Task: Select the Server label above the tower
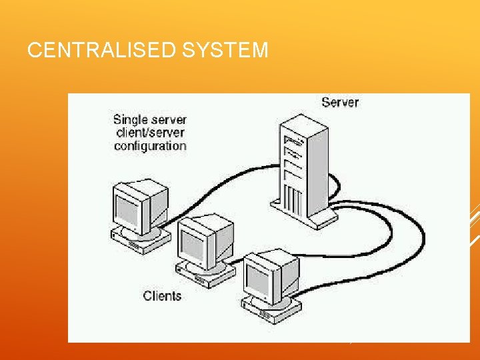point(339,102)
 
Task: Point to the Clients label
point(162,295)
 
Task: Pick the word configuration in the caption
point(150,145)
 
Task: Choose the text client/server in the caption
point(150,133)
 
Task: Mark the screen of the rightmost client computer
point(258,280)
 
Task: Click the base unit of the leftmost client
point(137,243)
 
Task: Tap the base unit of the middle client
point(203,273)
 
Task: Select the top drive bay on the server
point(292,141)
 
